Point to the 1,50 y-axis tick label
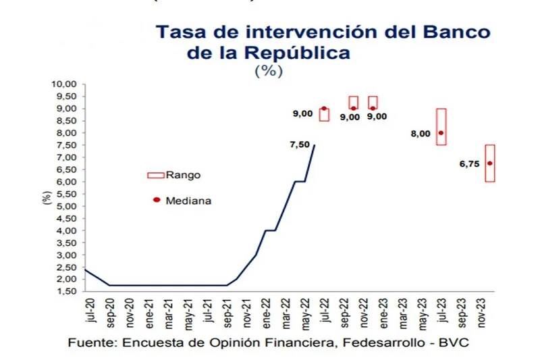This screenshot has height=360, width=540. [x=65, y=292]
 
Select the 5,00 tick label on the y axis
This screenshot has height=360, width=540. [x=65, y=207]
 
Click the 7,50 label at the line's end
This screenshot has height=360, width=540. [x=299, y=143]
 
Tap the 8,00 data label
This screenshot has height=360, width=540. [x=421, y=134]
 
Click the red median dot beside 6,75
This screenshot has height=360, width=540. [x=490, y=163]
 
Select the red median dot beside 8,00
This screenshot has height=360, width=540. [x=441, y=133]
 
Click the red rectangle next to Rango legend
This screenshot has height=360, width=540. [x=155, y=176]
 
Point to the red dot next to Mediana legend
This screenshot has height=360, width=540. [x=156, y=200]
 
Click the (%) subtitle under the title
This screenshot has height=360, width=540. [x=269, y=71]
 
